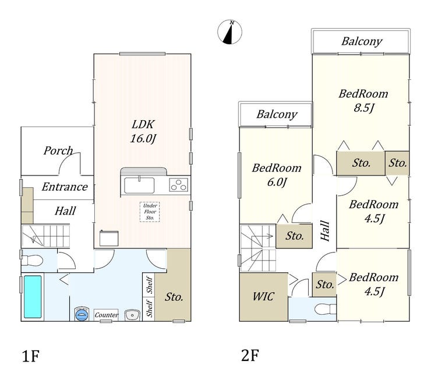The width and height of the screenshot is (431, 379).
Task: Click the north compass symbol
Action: [230, 32]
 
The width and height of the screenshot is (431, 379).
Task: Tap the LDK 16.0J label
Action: [143, 131]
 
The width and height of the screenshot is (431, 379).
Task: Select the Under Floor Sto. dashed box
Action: [150, 212]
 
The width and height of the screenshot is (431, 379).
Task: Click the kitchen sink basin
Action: [139, 185]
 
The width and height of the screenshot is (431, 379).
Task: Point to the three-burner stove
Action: [179, 185]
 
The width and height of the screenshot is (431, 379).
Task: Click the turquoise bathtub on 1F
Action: [33, 297]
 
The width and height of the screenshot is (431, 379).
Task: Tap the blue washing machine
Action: [82, 314]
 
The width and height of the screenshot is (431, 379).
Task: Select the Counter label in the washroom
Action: [106, 315]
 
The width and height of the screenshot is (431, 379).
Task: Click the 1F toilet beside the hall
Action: [32, 261]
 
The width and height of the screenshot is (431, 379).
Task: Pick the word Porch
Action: [58, 150]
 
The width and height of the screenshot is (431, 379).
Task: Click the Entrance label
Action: [65, 187]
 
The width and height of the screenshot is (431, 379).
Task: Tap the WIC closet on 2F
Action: [264, 297]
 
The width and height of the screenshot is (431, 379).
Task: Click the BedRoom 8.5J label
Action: [363, 101]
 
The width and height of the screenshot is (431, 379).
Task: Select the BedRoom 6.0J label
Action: [277, 175]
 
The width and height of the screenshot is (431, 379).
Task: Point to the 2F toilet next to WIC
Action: [326, 309]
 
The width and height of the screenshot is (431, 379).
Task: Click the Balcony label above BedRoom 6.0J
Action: [277, 114]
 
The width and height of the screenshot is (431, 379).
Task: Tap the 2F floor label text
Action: [250, 355]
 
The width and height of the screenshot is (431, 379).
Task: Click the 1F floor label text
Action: [30, 356]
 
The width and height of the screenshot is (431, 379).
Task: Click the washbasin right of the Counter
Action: [132, 314]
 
